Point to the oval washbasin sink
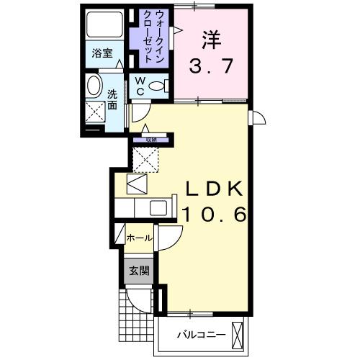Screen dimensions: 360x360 tap(94, 87)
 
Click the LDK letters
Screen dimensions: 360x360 tap(214, 189)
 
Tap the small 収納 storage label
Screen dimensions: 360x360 tap(151, 140)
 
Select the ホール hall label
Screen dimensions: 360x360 tap(139, 237)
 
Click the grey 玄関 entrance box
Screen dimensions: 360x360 tap(139, 271)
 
